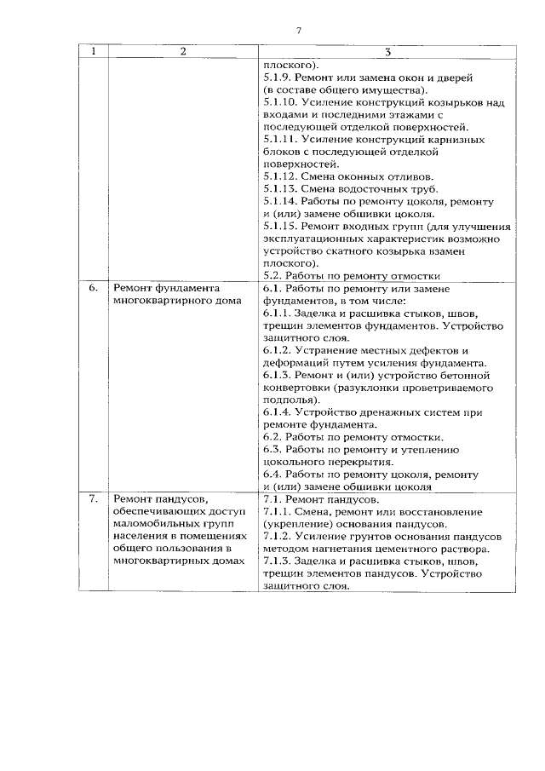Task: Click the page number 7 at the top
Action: (299, 31)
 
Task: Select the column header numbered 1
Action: (94, 52)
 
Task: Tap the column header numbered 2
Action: (182, 52)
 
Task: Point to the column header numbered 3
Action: (387, 52)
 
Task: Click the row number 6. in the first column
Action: (94, 289)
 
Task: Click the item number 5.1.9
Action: (278, 77)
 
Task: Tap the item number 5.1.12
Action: (281, 175)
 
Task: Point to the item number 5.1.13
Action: (281, 188)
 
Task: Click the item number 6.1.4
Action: (278, 412)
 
